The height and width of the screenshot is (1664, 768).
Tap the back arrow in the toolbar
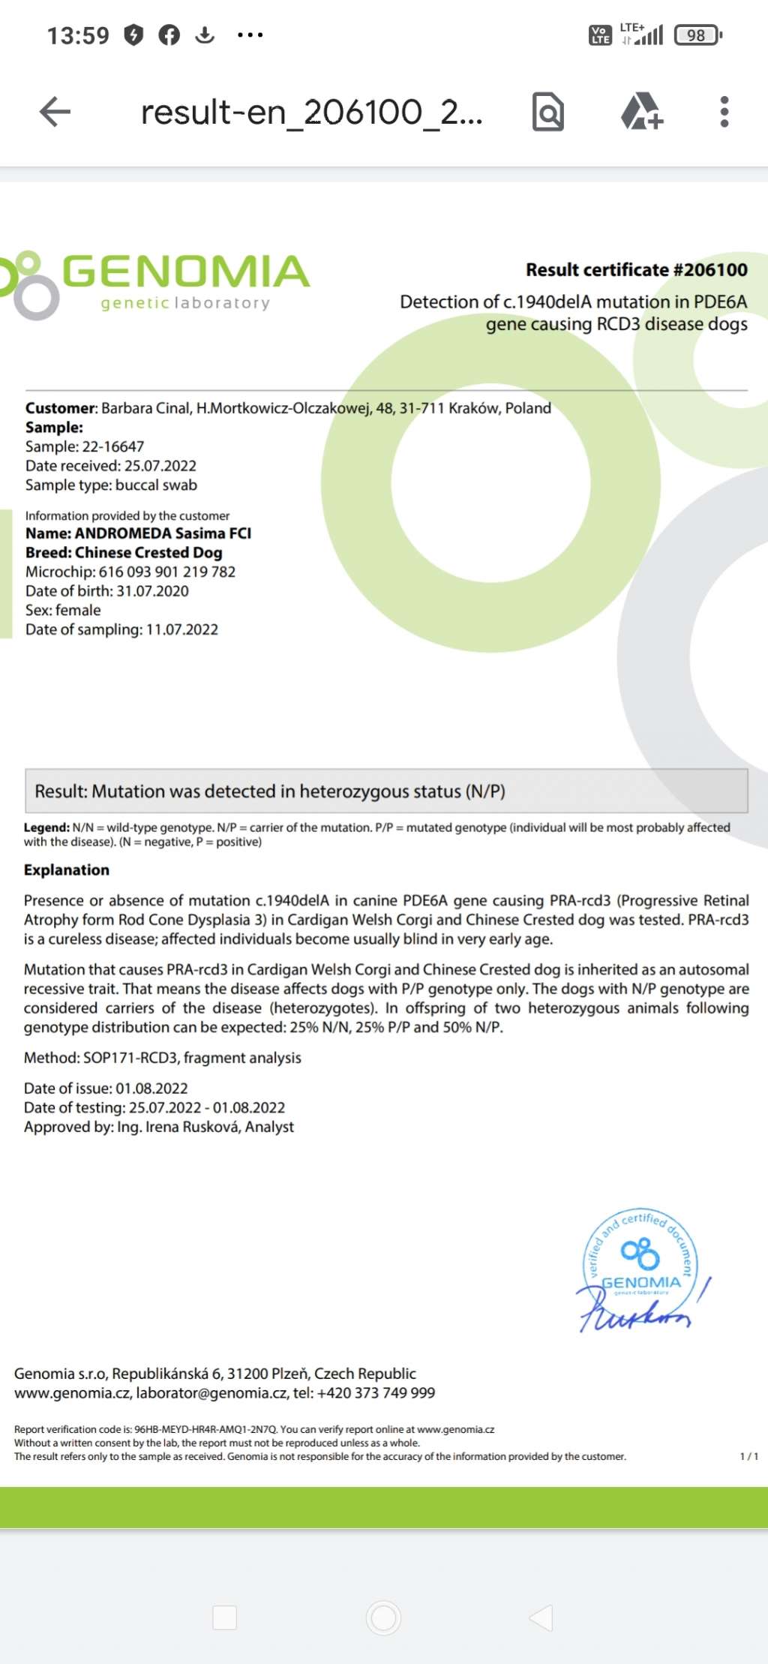(55, 112)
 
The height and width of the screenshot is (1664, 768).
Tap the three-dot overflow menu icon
(724, 112)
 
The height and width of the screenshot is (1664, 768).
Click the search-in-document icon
(547, 112)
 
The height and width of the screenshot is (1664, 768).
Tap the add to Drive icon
(641, 111)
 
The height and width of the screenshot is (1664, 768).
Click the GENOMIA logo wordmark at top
(184, 272)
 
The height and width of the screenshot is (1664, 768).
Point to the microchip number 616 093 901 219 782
(166, 572)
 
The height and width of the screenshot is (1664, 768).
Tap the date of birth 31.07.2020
(152, 591)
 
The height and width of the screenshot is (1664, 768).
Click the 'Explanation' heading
(67, 870)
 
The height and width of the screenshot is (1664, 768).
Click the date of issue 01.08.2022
(151, 1089)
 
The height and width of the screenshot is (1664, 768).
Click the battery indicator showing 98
(697, 35)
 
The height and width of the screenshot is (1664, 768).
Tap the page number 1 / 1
(748, 1456)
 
